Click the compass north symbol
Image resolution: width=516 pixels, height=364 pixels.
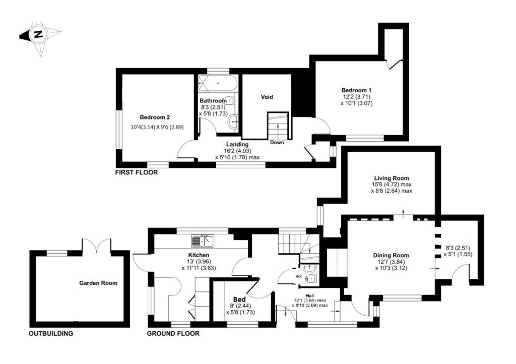coord(38,35)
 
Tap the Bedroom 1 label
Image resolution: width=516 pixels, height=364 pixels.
coord(356,89)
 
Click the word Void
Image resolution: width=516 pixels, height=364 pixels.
coord(267,97)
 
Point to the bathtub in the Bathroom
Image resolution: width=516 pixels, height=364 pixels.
coord(218,82)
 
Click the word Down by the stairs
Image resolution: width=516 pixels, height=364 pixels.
coord(277,142)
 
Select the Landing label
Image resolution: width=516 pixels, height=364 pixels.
coord(237,145)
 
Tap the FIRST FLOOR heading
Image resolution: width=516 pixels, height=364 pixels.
coord(137,172)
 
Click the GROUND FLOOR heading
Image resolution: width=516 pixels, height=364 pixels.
coord(173,333)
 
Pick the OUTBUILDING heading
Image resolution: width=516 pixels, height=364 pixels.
coord(51,333)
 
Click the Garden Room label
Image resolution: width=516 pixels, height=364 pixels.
coord(98,283)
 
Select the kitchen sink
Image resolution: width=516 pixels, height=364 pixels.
coord(203,241)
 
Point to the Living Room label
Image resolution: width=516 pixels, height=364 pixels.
coord(391,178)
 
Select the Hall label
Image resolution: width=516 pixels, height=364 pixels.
coord(309,295)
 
